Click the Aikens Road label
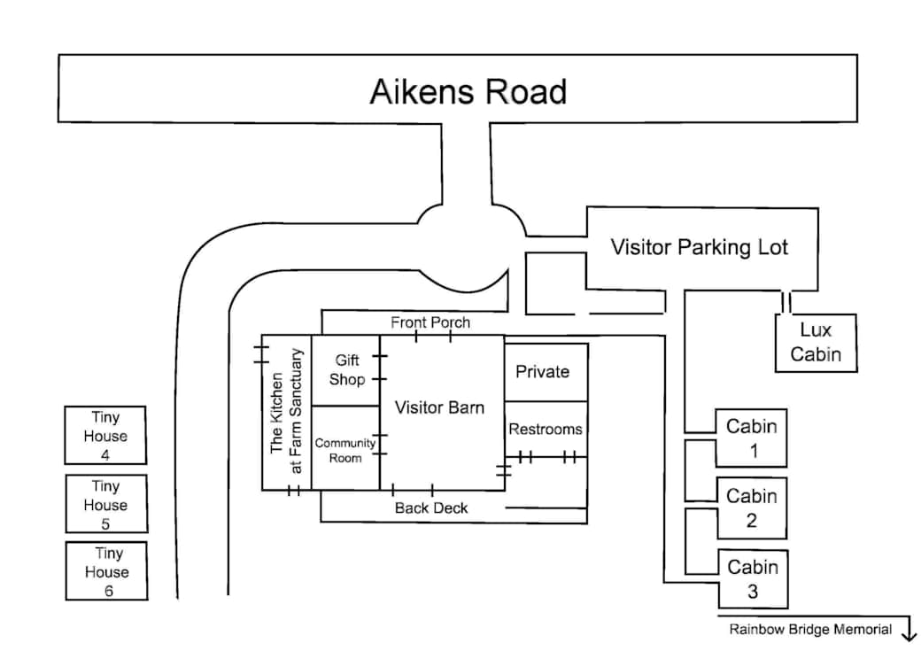coord(468,91)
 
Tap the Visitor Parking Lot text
coord(699,247)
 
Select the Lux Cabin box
coord(816,343)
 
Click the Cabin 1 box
coord(751,438)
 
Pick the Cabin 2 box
coord(752,508)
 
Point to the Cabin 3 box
coord(753,579)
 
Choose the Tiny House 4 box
coord(105,436)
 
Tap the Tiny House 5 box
coord(106,504)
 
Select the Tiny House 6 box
coord(106,571)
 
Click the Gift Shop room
coord(345,370)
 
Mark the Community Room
coord(345,448)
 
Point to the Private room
coord(546,373)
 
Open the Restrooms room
coord(546,430)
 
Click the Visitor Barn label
coord(439,407)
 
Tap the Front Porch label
coord(430,322)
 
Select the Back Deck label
coord(431,508)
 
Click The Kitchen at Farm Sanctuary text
coord(286,412)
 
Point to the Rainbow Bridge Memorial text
coord(810,630)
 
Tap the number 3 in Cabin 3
coord(753,592)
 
